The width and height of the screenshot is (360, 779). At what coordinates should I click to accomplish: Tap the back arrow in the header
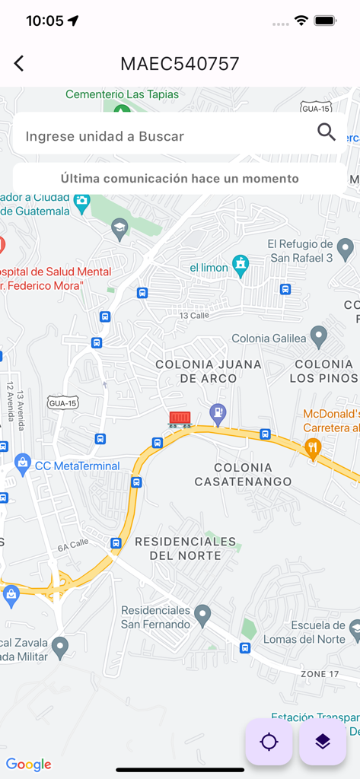pyautogui.click(x=19, y=64)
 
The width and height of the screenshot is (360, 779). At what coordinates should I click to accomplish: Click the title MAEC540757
pyautogui.click(x=180, y=64)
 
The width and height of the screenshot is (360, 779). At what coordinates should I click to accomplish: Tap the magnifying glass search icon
pyautogui.click(x=327, y=132)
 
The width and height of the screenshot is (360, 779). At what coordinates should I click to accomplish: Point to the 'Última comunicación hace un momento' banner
pyautogui.click(x=180, y=179)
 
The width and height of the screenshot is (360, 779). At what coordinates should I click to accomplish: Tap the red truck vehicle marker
pyautogui.click(x=180, y=419)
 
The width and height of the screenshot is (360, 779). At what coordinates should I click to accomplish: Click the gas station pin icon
pyautogui.click(x=218, y=412)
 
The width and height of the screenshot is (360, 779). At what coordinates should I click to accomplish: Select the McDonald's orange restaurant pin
pyautogui.click(x=312, y=447)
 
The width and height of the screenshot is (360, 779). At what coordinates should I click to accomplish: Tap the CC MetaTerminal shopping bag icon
pyautogui.click(x=23, y=463)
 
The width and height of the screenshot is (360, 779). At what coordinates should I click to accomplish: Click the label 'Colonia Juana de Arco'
pyautogui.click(x=209, y=371)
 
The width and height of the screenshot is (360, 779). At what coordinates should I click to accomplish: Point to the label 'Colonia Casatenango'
pyautogui.click(x=243, y=474)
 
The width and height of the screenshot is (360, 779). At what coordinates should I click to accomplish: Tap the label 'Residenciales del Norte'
pyautogui.click(x=185, y=548)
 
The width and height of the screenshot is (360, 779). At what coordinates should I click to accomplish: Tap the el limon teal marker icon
pyautogui.click(x=241, y=265)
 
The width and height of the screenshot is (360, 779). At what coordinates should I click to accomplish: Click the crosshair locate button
pyautogui.click(x=269, y=742)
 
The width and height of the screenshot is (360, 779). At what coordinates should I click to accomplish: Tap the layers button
pyautogui.click(x=323, y=742)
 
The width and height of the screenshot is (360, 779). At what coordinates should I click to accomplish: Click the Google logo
pyautogui.click(x=29, y=764)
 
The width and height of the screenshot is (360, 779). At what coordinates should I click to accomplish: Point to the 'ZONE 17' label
pyautogui.click(x=320, y=673)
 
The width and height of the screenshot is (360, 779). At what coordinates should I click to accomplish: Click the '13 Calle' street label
pyautogui.click(x=193, y=315)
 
